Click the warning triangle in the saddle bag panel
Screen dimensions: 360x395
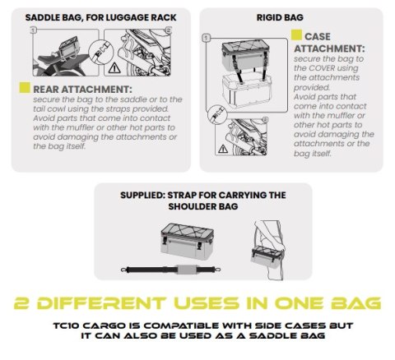114,67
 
